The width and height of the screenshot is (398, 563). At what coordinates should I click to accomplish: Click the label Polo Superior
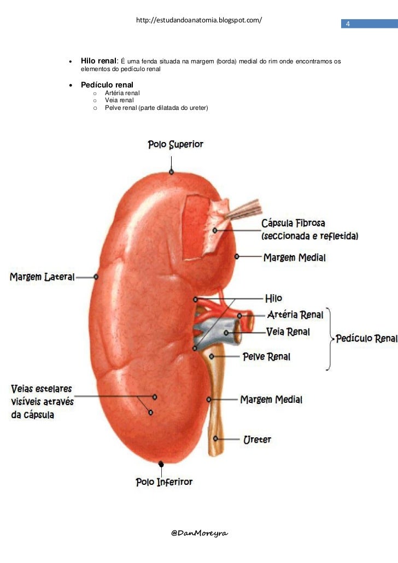click(x=175, y=145)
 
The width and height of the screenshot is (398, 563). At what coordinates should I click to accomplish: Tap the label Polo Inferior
click(x=164, y=482)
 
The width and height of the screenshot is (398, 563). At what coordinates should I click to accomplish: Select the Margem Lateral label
click(x=42, y=277)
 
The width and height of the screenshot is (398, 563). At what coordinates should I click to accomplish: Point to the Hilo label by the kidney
click(x=273, y=298)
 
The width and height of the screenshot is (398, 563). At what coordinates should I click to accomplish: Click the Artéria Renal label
click(x=295, y=315)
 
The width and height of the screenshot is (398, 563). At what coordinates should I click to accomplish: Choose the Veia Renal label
click(x=288, y=332)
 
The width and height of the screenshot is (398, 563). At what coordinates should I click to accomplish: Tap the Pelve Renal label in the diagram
click(x=267, y=357)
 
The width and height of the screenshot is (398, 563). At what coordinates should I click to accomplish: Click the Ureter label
click(x=257, y=439)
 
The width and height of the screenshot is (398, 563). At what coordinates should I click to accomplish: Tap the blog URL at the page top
click(x=199, y=21)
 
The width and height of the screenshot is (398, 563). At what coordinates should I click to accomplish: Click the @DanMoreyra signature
click(x=199, y=532)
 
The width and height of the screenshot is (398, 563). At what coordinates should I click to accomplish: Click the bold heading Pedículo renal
click(x=107, y=85)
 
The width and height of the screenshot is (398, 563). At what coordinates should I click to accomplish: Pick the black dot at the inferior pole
click(x=161, y=464)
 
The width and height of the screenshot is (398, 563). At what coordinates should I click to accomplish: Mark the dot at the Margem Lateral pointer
click(x=96, y=277)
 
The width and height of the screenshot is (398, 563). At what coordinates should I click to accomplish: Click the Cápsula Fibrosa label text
click(x=294, y=224)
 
